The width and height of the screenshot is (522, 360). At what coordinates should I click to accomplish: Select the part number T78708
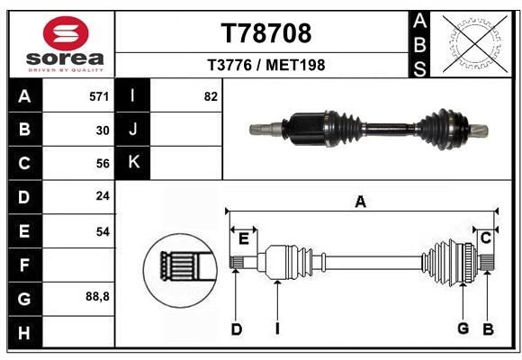[266, 33]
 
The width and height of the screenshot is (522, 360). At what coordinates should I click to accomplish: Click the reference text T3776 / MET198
[266, 65]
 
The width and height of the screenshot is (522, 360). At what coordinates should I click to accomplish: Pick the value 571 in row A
[100, 96]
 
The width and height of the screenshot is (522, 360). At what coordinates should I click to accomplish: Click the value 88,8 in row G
[97, 296]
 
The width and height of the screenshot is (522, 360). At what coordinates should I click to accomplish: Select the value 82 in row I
[211, 96]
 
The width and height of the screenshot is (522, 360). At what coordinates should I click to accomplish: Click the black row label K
[134, 163]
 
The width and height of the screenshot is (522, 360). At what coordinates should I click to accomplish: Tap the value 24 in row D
[102, 196]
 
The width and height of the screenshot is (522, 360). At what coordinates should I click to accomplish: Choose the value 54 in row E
[102, 231]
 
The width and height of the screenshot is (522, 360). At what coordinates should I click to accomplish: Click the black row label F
[24, 265]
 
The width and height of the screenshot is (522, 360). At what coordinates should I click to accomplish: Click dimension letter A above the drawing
[360, 202]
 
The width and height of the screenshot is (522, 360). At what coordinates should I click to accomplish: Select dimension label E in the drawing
[243, 238]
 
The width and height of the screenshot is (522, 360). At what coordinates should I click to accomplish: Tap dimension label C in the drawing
[485, 238]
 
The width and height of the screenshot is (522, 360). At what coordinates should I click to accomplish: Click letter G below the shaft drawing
[463, 328]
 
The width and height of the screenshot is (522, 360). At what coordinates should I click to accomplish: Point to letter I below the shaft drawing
[277, 328]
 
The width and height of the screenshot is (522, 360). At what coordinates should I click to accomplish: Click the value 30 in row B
[102, 130]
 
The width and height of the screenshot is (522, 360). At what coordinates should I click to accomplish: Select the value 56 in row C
[102, 163]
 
